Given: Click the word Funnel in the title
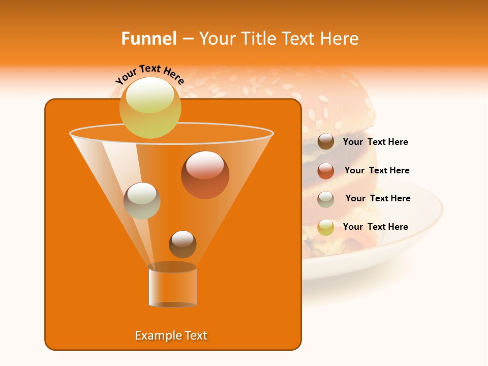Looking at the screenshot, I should (x=149, y=39).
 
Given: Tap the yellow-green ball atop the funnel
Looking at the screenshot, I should (x=150, y=108).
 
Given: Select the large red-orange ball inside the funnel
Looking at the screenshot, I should (x=205, y=174).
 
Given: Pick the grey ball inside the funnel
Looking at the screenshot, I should (x=142, y=201).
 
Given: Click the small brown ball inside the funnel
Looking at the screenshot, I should (x=182, y=244).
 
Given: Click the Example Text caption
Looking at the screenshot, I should (x=171, y=335).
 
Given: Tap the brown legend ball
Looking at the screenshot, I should (x=326, y=142).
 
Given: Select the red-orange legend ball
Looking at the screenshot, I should (x=326, y=171).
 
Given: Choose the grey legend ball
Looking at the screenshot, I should (x=326, y=199).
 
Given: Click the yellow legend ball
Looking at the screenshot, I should (x=326, y=227).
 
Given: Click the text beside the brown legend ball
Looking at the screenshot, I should (x=375, y=142).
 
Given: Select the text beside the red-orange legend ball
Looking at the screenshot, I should (x=377, y=170).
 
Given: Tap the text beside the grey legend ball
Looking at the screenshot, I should (x=378, y=198).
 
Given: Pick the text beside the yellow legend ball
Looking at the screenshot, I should (x=375, y=227).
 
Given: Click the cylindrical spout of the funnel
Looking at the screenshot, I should (x=172, y=286).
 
